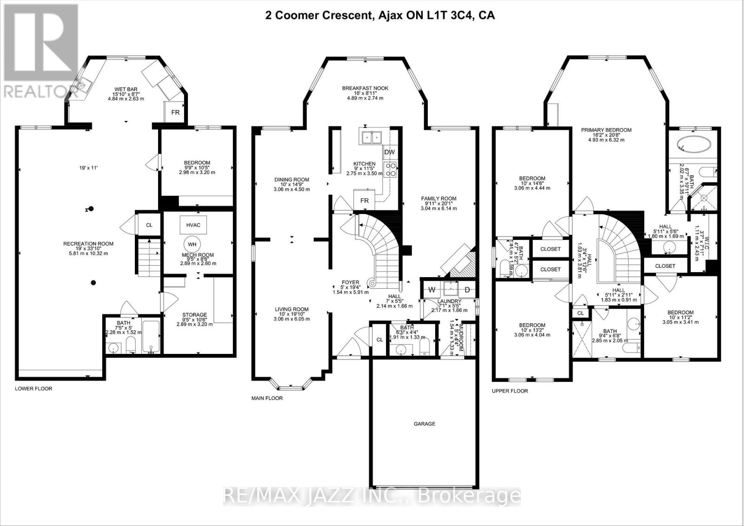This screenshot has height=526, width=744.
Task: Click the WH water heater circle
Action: click(x=192, y=244)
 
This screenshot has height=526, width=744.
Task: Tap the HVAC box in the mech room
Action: click(x=193, y=225)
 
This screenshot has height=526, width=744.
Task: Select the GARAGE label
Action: click(x=425, y=424)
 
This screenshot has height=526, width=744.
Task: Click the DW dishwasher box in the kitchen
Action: click(x=389, y=152)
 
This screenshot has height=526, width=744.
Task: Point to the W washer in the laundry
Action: click(x=432, y=290)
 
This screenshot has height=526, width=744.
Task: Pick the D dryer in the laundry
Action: click(x=467, y=290)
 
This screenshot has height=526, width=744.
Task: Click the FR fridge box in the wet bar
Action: click(x=175, y=113)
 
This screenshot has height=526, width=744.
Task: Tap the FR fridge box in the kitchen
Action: click(x=365, y=201)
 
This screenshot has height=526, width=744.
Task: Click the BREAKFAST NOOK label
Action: click(x=365, y=88)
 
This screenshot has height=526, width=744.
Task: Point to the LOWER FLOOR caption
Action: click(x=33, y=388)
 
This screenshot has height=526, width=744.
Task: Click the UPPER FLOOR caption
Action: click(x=510, y=391)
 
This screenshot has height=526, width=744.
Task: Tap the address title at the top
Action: click(x=380, y=16)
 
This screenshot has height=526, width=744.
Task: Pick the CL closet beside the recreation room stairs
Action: click(x=149, y=225)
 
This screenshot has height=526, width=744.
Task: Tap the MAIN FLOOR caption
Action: click(x=267, y=398)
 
